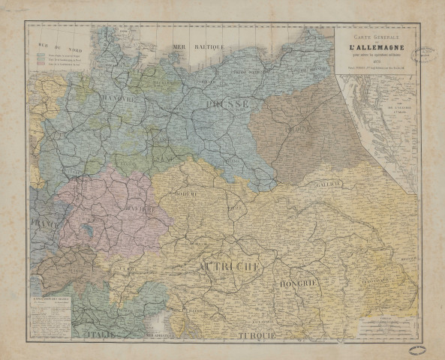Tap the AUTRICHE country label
point(229,266)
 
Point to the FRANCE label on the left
point(43,223)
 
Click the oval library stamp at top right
point(426,51)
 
